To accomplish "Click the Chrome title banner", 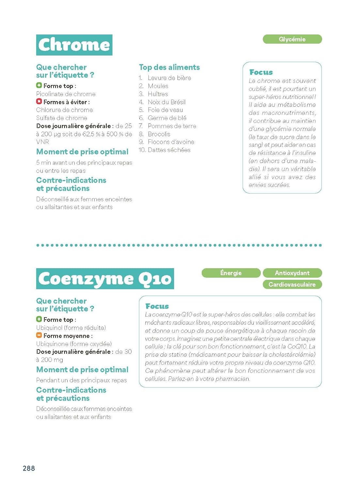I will coord(74,45).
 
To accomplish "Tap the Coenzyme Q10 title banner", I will coord(105,279).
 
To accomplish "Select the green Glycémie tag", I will coord(292,39).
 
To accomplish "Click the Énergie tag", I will coord(231,273).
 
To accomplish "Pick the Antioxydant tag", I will coord(292,273).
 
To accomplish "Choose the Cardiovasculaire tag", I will coord(292,284).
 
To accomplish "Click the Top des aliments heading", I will coord(169,67).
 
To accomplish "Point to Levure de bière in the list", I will coord(169,78).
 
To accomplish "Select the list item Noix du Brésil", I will coord(166,102).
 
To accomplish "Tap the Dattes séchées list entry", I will coord(169,150).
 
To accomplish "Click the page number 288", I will coord(29,468).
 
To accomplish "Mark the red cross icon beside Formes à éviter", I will coord(39,102).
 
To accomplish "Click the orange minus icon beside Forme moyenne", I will coord(39,335).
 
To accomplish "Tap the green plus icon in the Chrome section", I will coord(39,85).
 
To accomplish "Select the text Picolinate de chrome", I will coord(66,94).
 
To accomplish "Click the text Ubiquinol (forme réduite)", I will coord(71,328).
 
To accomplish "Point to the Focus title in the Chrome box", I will coord(261,72).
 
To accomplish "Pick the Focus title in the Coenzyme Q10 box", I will coord(157,306).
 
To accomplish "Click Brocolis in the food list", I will coord(159,134).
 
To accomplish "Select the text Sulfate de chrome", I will coord(61,118).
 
